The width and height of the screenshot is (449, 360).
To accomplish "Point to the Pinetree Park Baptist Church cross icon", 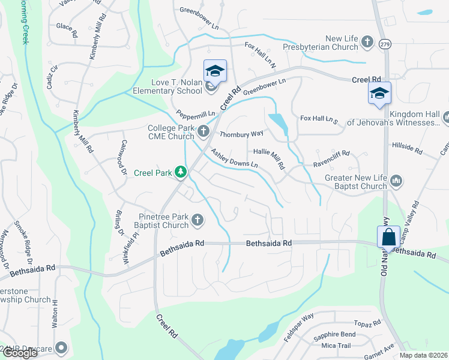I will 197,221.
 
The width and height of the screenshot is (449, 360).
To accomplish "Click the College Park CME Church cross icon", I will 204,131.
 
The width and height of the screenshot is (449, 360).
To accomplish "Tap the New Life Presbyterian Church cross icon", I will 368,43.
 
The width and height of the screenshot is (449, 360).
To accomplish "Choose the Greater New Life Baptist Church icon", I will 396,181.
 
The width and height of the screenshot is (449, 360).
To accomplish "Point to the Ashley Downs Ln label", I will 234,157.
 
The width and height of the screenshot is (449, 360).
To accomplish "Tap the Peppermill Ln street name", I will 196,113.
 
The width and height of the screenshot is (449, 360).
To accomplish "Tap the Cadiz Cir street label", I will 52,76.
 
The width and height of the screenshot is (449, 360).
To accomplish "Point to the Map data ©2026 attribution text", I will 424,355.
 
